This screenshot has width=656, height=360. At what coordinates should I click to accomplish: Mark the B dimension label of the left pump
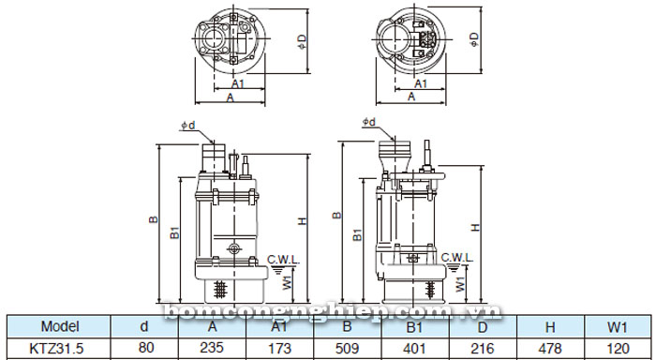click(x=151, y=221)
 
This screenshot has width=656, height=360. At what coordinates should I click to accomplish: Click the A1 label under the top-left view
click(x=238, y=82)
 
